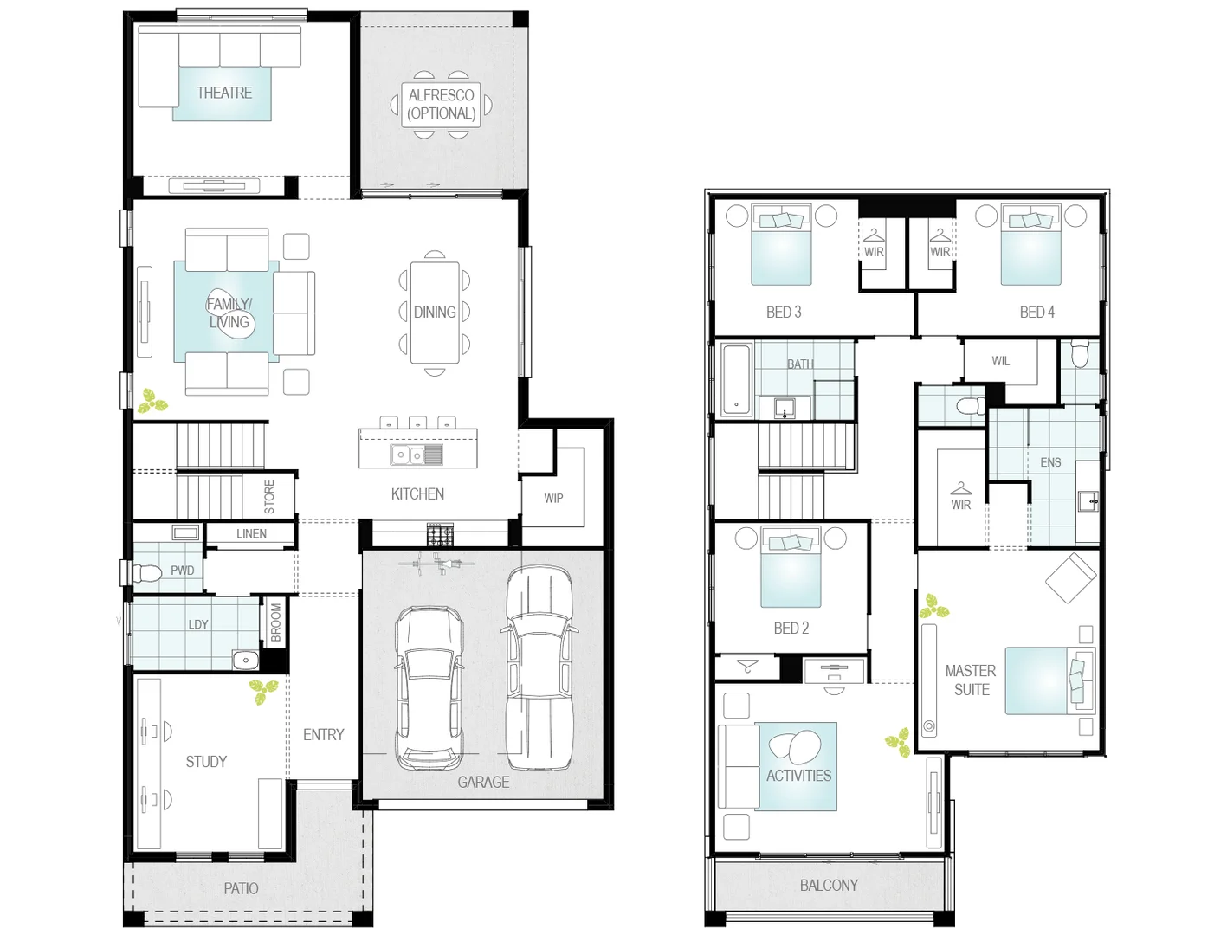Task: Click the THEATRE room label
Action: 224,93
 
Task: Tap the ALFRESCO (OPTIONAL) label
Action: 441,105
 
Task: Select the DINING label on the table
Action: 435,312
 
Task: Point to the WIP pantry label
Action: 553,498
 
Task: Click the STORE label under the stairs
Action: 269,496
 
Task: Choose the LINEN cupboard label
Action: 252,533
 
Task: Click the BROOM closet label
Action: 275,622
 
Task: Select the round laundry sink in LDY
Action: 245,660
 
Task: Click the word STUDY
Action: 206,761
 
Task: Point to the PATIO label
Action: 241,888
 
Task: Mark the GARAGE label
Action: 483,782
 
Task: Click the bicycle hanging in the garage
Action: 436,563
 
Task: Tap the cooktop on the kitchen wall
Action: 441,534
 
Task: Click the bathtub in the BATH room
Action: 736,380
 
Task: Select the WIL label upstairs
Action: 1001,361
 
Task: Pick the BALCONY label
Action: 829,885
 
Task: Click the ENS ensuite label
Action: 1050,462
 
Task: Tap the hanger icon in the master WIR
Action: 960,488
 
